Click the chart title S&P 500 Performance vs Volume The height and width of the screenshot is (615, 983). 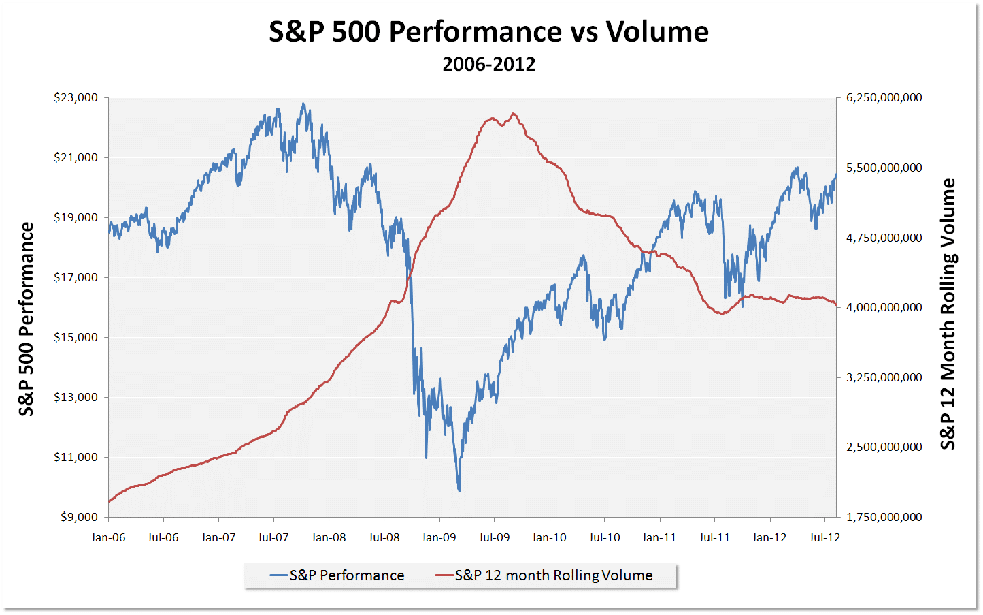488,32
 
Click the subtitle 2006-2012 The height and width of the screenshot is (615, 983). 488,64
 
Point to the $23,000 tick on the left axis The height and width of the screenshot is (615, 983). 76,97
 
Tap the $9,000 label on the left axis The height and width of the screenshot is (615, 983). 79,517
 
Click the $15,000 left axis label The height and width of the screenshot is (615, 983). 76,337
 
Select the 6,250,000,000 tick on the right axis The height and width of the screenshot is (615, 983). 884,97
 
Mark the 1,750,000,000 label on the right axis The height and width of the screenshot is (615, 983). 884,517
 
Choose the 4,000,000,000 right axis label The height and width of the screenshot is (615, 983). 884,307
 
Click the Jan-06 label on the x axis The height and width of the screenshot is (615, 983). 108,537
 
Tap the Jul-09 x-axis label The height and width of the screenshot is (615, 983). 494,537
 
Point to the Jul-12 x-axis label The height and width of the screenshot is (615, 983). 824,537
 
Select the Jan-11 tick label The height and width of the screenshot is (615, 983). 659,537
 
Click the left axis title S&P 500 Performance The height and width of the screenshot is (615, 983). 26,319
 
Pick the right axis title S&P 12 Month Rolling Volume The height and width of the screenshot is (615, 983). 948,314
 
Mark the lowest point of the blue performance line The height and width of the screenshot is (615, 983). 459,490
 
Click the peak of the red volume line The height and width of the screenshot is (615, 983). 513,114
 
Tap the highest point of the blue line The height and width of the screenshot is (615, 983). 303,104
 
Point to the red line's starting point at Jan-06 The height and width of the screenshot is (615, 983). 109,501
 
